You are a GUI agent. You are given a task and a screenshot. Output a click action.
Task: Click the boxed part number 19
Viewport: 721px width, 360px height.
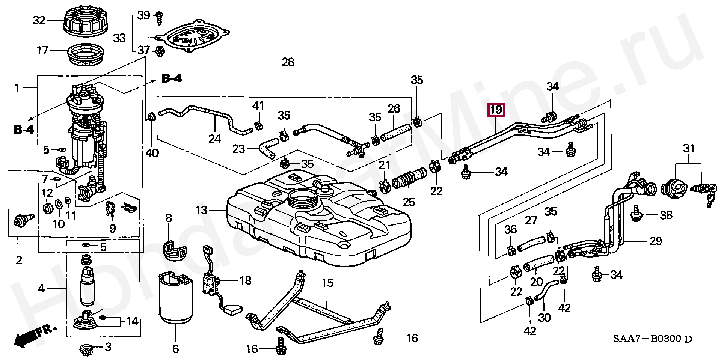coord(496,110)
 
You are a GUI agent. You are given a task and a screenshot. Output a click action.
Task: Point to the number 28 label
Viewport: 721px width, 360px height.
coord(288,62)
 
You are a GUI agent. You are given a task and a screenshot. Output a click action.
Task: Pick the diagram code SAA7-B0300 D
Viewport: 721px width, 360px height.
coord(652,339)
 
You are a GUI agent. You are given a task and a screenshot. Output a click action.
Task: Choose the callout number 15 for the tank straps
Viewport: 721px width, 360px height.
coord(327,283)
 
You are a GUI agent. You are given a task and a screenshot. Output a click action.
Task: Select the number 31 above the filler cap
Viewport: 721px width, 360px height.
coord(688,149)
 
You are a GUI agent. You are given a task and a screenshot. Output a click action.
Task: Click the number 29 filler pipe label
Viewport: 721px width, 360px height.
coord(655,241)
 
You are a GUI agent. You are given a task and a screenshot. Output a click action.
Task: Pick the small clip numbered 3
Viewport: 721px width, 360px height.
coord(87,349)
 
